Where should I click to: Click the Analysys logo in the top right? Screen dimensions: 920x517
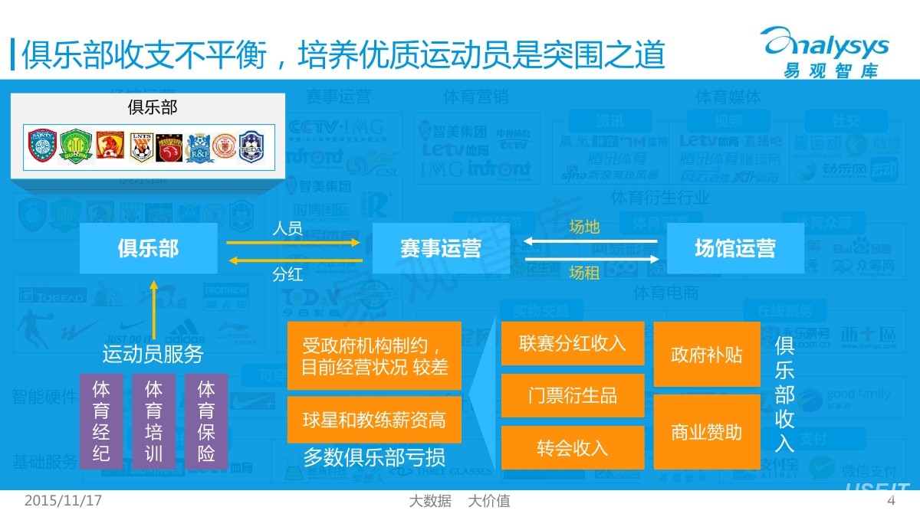click(825, 50)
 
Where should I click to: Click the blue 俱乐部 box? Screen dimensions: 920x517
click(148, 248)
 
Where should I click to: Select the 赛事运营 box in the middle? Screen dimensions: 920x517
click(440, 248)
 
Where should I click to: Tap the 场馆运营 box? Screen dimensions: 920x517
click(734, 248)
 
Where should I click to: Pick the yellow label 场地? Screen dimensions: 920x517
click(584, 227)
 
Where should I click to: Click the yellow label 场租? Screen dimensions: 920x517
click(584, 273)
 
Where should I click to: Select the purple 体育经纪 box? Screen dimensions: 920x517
click(101, 420)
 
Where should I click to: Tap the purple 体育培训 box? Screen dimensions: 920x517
click(154, 420)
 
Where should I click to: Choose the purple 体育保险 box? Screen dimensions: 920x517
click(206, 420)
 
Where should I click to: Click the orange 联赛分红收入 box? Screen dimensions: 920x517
click(572, 343)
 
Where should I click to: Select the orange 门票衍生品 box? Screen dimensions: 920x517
click(572, 395)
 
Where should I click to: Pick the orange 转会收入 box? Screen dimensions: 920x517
click(572, 447)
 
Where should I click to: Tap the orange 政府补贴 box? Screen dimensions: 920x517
click(706, 355)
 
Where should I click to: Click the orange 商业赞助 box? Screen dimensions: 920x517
click(706, 432)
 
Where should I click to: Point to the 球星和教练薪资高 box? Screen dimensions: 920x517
click(374, 420)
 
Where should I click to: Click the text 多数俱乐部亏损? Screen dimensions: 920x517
click(374, 458)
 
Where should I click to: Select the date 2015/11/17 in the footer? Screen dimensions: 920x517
click(64, 501)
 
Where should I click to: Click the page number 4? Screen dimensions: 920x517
click(891, 501)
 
